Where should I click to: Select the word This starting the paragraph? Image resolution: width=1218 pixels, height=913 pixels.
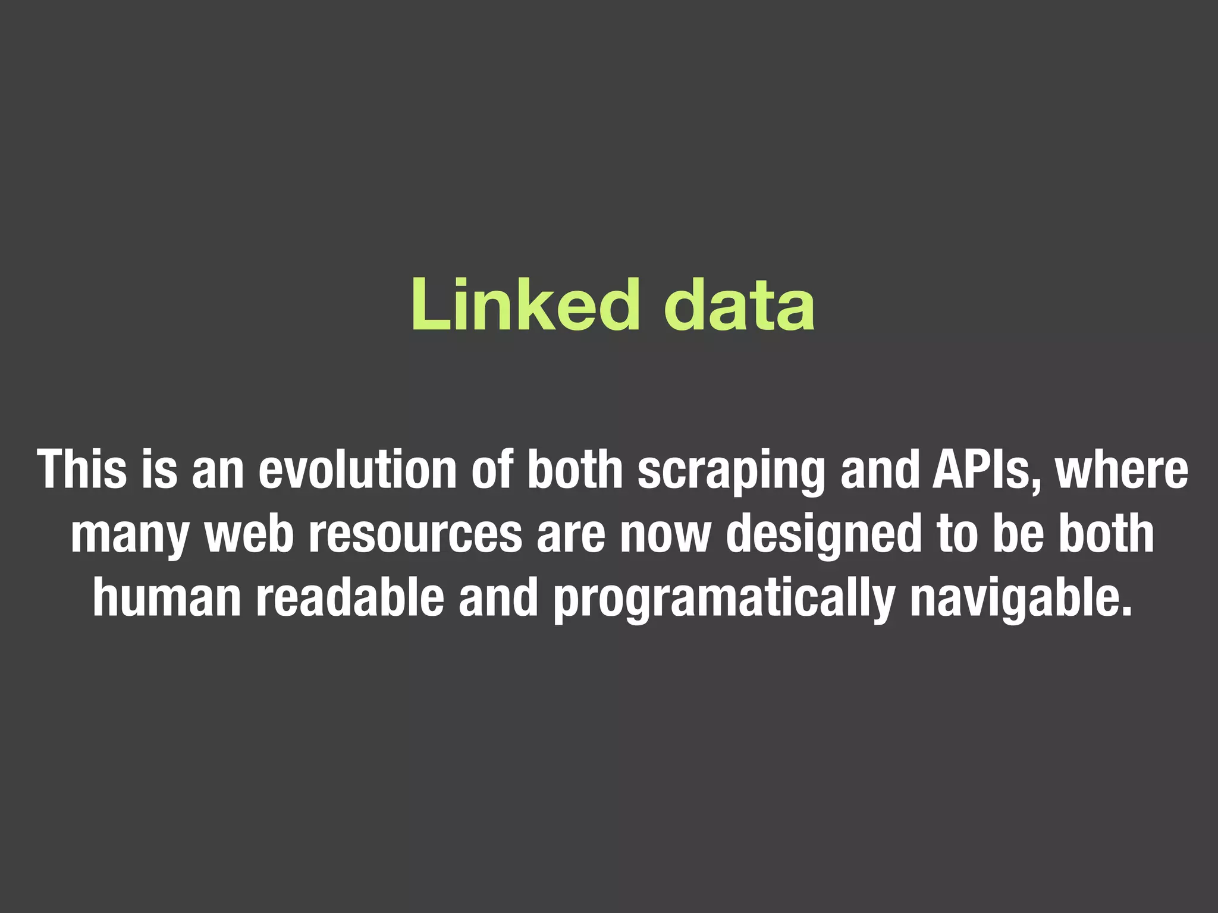click(82, 470)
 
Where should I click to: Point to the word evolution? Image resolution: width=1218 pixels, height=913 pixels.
click(357, 470)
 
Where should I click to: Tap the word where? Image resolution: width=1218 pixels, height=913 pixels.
click(1122, 470)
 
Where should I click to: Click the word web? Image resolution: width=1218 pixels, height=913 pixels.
click(249, 533)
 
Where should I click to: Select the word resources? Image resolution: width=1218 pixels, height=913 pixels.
click(416, 533)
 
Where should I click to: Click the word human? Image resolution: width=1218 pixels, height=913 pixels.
click(167, 597)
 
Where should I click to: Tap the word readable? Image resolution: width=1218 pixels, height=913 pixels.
click(350, 597)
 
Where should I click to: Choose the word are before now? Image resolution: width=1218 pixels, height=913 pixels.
click(571, 533)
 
